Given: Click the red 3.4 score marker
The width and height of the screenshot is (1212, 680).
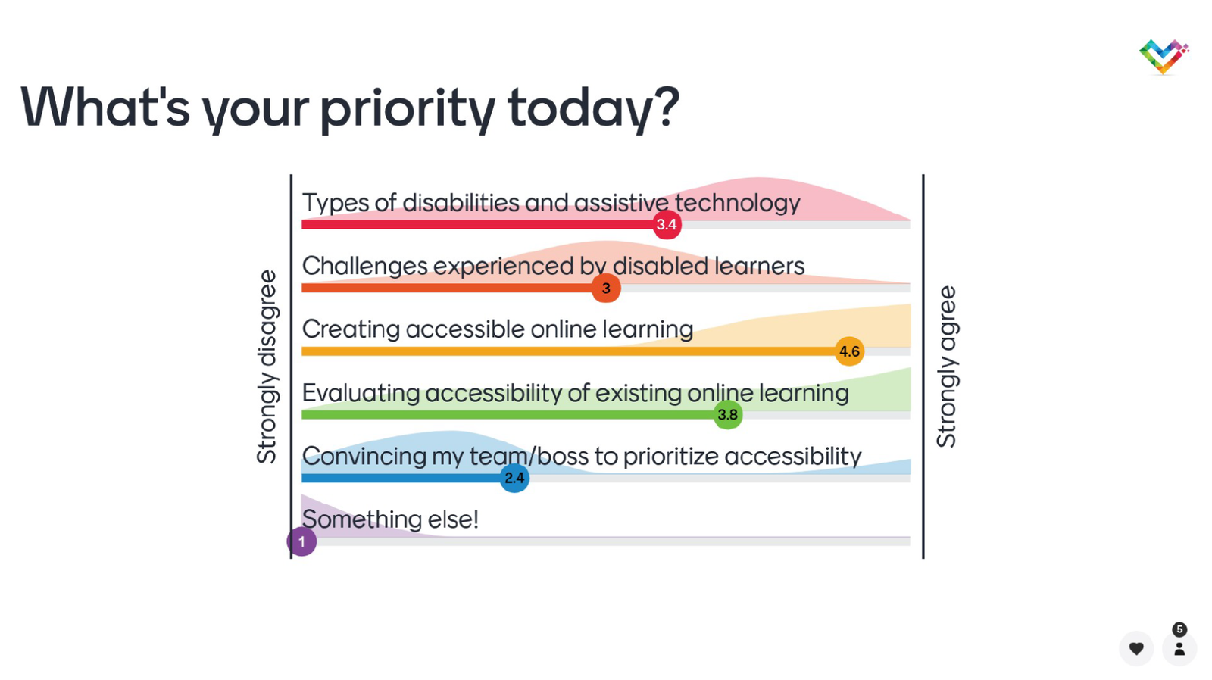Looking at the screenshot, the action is click(667, 224).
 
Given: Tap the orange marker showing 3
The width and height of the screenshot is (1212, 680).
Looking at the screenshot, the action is click(606, 288).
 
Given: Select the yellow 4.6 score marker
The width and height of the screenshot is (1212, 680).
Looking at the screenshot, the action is click(849, 351).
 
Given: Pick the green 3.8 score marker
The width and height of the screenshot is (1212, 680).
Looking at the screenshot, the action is click(728, 414).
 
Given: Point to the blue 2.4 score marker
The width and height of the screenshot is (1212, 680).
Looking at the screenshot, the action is click(514, 478).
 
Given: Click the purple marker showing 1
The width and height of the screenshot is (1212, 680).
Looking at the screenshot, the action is click(302, 541).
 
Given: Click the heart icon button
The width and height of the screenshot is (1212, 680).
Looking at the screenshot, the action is click(1136, 648).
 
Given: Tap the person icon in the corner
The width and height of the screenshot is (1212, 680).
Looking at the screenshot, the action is click(1179, 648).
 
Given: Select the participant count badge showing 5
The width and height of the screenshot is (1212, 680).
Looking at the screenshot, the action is click(1179, 630).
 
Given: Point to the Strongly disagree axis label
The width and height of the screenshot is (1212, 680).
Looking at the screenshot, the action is click(267, 367).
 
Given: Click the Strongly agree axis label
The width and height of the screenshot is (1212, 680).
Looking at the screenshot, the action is click(946, 367).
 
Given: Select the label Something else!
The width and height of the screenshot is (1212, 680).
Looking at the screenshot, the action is click(390, 519).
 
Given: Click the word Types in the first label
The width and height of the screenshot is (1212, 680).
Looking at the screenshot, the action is click(336, 204).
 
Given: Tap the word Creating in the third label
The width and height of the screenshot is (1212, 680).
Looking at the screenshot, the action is click(351, 329).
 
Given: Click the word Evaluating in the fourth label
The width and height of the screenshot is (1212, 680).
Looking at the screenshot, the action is click(361, 393).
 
